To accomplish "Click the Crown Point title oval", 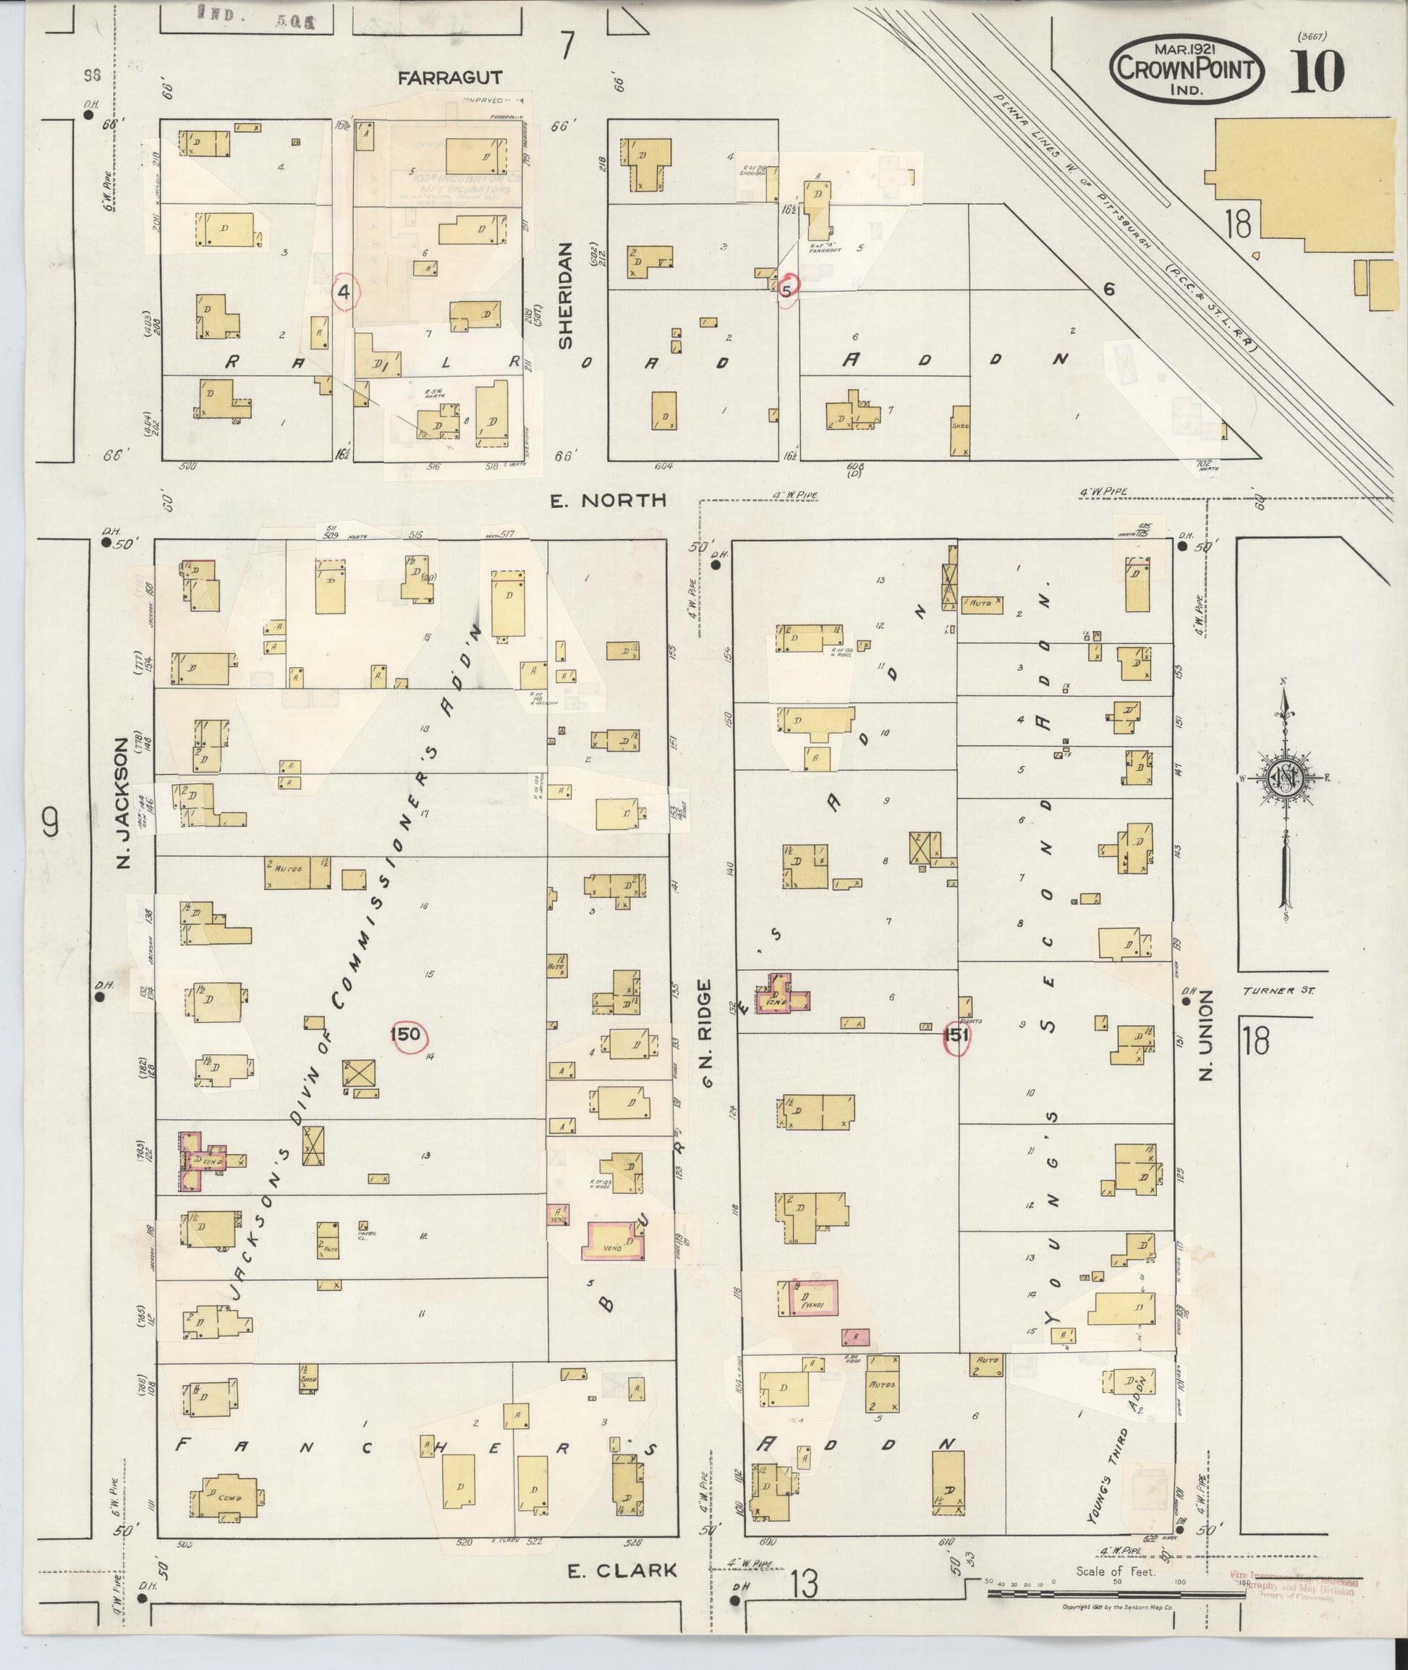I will click(x=1186, y=69).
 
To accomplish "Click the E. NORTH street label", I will click(x=608, y=501).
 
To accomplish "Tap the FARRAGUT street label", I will click(x=450, y=77).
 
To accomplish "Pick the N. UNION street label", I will click(x=1205, y=1035).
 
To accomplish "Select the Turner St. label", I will click(x=1277, y=991).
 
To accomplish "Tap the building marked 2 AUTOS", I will click(x=297, y=873).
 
